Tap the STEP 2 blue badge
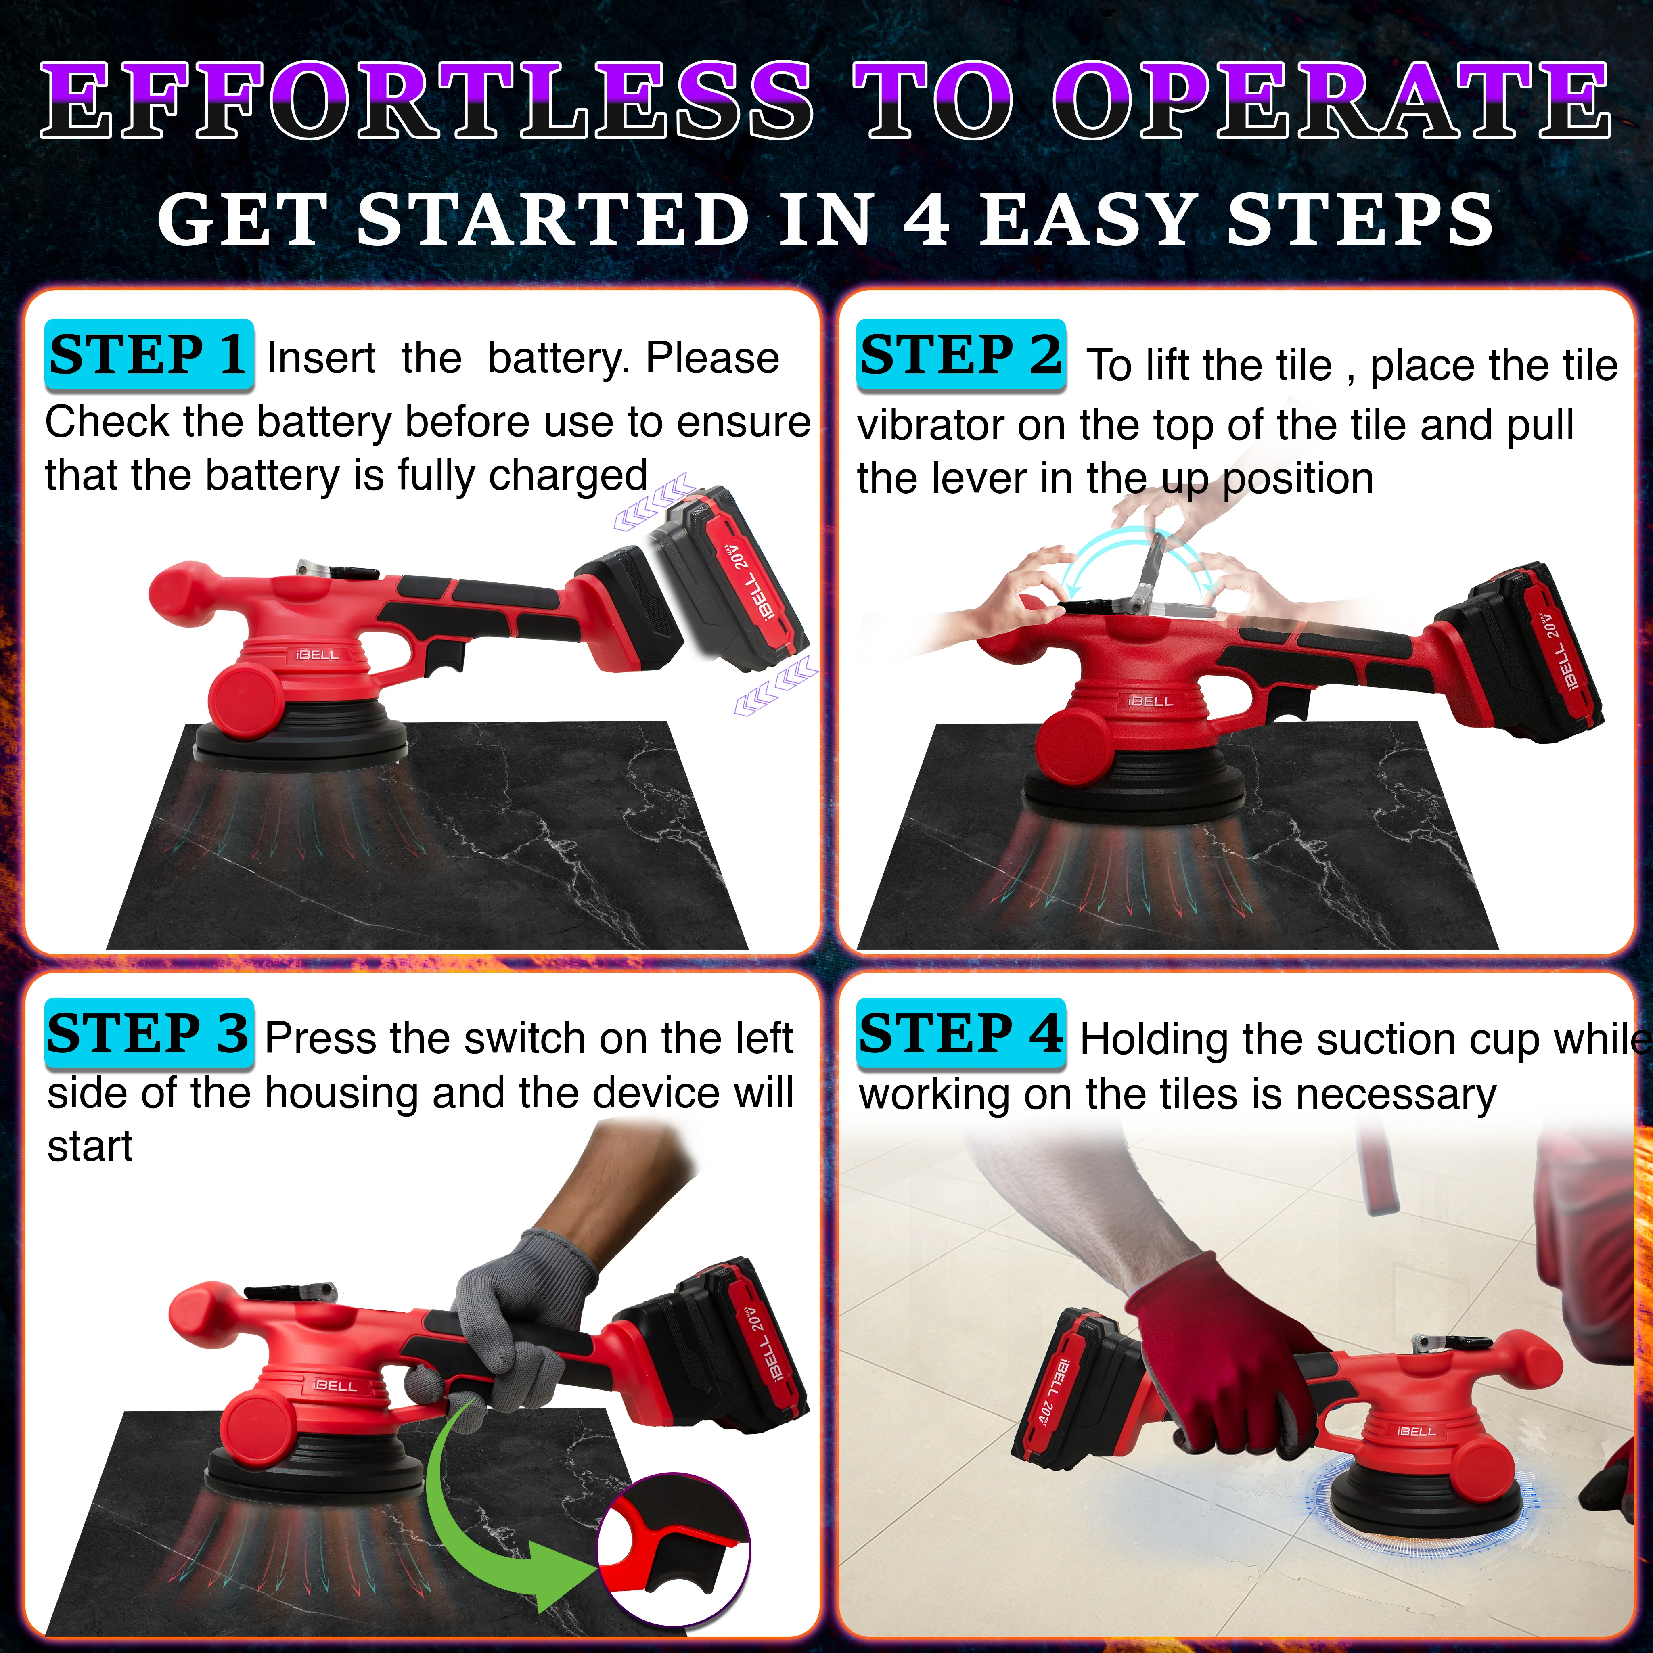pos(961,355)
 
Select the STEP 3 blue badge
pos(149,1034)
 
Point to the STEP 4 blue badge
pos(961,1034)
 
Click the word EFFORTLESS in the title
pos(428,101)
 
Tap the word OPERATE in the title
pos(1331,101)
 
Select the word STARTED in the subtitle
pos(554,219)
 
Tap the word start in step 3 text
pos(90,1147)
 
